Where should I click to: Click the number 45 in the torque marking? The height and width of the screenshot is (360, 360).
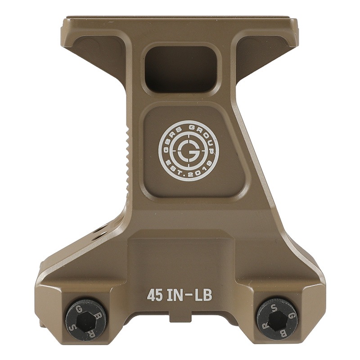(x=155, y=295)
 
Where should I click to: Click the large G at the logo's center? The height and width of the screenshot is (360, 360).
(x=186, y=150)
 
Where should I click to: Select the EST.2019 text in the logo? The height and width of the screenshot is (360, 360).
(x=186, y=174)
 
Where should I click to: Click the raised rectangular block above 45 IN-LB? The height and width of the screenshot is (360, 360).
(x=180, y=254)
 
